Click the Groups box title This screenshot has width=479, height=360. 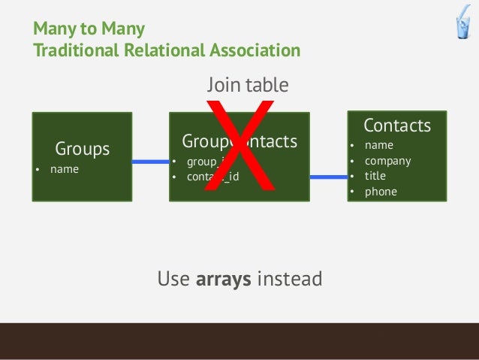(x=82, y=149)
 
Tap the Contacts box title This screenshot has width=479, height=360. (x=396, y=125)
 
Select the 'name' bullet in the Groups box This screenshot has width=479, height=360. (x=64, y=169)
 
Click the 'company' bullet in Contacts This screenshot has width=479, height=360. (x=387, y=161)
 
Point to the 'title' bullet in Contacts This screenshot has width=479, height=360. (x=375, y=176)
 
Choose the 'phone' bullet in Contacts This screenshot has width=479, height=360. (x=380, y=192)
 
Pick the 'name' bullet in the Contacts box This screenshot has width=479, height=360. (x=378, y=145)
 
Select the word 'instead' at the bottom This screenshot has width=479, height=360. (x=289, y=280)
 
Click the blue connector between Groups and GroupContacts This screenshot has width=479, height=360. (x=150, y=162)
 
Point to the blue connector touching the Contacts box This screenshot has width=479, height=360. (x=328, y=177)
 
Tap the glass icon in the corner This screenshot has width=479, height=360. (x=462, y=26)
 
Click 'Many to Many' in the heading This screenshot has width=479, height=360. (x=89, y=30)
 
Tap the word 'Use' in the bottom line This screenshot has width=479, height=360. (x=173, y=280)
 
